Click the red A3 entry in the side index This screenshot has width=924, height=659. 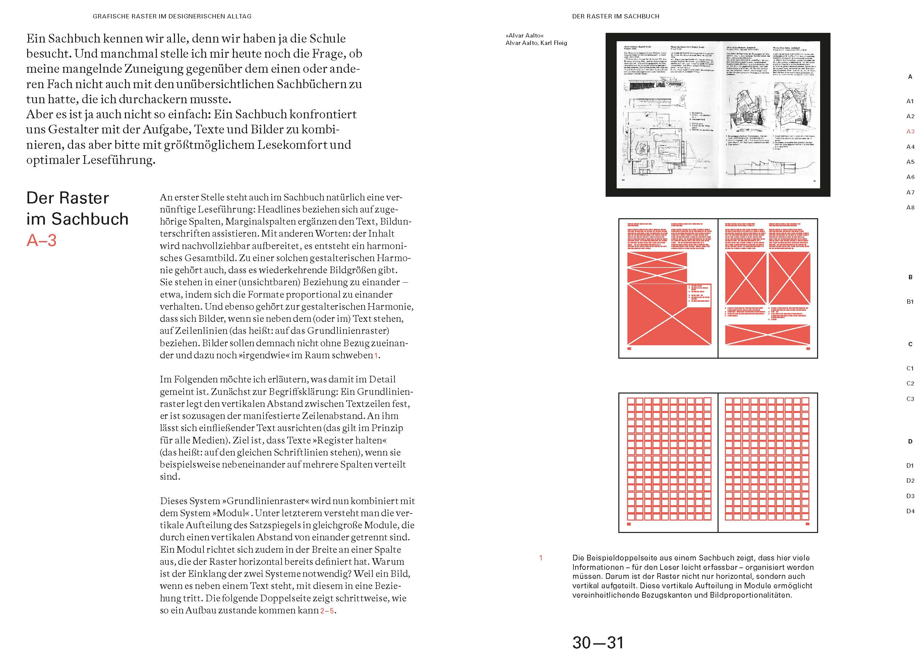tap(910, 131)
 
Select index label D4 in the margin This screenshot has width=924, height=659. tap(910, 511)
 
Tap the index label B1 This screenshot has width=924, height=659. tap(910, 301)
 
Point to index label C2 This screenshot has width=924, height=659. tap(910, 383)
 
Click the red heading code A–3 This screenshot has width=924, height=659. tap(41, 240)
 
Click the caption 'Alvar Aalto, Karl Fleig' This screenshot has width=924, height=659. tap(536, 43)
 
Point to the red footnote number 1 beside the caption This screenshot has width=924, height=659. tap(540, 558)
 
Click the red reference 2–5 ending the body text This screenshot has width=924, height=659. tap(327, 611)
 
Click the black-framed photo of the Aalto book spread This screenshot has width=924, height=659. tap(718, 115)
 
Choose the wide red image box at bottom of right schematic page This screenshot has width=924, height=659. tap(767, 335)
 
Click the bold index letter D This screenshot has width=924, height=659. tap(910, 441)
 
